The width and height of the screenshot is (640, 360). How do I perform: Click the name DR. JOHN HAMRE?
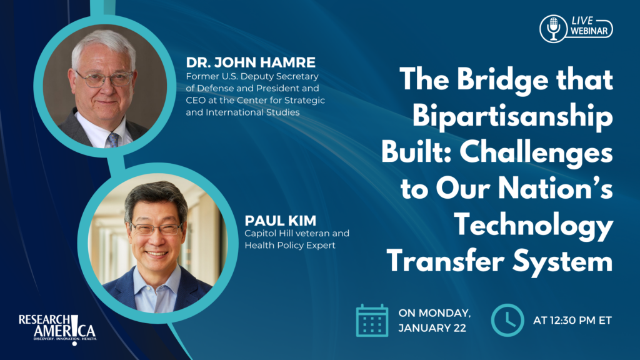click(x=251, y=62)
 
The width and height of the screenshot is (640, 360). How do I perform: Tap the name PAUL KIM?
click(x=281, y=221)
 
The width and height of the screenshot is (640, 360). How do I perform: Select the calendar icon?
click(x=372, y=321)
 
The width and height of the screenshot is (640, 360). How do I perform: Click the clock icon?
click(x=507, y=321)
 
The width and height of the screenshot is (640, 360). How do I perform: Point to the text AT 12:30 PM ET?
click(x=572, y=321)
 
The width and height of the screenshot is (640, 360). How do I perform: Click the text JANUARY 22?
click(x=432, y=328)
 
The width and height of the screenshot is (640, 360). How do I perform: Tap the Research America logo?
click(x=57, y=329)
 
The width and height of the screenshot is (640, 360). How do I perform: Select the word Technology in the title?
click(x=534, y=226)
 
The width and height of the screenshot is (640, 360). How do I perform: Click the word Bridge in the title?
click(x=503, y=79)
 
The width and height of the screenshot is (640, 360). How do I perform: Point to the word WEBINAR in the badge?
click(x=589, y=31)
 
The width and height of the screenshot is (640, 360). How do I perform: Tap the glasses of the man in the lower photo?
click(x=156, y=229)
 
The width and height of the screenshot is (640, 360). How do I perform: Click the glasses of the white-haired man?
click(x=104, y=79)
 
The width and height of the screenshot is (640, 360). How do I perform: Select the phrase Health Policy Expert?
click(x=290, y=245)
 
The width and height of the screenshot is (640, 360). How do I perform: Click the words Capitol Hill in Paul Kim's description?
click(x=267, y=234)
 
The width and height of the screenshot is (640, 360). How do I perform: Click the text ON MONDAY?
click(x=435, y=313)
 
